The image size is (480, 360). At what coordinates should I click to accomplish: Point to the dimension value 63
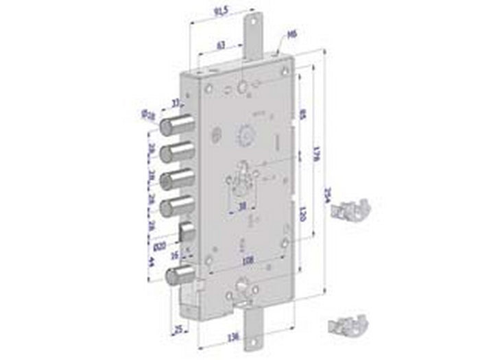[x=221, y=45]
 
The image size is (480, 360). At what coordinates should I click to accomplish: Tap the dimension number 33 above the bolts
[x=176, y=102]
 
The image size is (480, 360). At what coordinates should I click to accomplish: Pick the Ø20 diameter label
[x=159, y=244]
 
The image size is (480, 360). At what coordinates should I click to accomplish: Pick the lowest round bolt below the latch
[x=180, y=276]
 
